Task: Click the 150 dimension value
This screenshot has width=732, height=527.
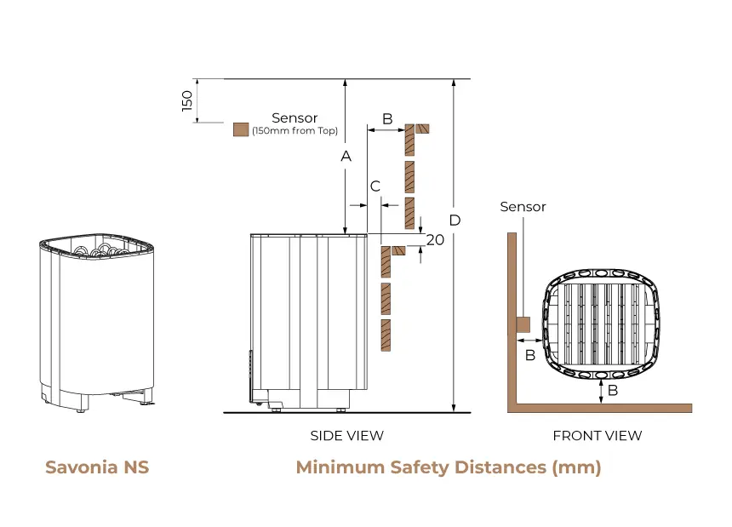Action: coord(186,100)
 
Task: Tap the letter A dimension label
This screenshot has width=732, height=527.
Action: coord(346,156)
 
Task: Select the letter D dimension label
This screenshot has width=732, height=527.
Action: coord(455,221)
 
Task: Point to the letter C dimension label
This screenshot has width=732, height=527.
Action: coord(375,186)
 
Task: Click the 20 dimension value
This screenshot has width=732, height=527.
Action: coord(435,240)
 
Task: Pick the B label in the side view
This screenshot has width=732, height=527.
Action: coord(387,119)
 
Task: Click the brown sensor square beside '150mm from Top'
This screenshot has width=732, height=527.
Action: coord(241,129)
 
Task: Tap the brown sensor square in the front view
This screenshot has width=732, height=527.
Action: coord(523,324)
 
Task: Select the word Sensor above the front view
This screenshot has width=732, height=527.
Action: coord(523,206)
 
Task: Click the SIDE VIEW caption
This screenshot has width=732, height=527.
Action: coord(347,436)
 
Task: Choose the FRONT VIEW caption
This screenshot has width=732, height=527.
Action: coord(597,436)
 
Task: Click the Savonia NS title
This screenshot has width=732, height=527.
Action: coord(97,467)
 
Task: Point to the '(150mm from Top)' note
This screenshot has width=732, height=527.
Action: coord(295,131)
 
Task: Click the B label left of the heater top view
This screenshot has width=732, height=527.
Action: coord(530,355)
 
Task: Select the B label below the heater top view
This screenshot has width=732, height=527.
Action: coord(613,390)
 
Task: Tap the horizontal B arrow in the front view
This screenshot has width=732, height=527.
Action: coord(530,341)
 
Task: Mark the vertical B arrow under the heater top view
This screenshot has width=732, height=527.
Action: coord(601,391)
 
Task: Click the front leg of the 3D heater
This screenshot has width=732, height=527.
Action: coord(83,403)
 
